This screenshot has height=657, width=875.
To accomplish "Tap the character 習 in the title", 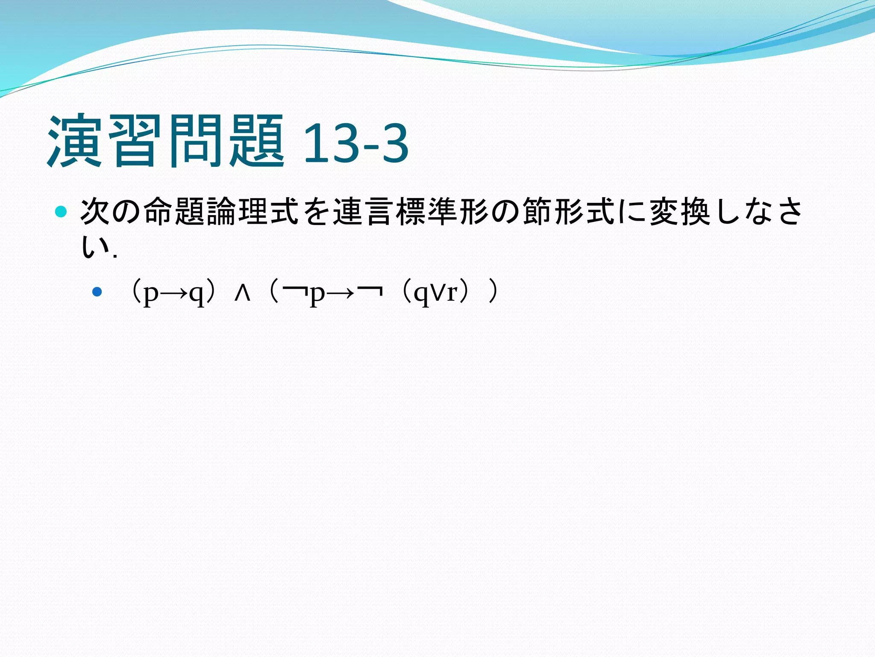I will pos(135,141).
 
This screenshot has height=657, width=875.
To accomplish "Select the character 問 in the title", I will pos(195,141).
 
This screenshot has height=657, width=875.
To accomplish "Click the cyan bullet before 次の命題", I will pos(62,212).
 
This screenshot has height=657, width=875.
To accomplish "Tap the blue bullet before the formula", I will pos(97,292).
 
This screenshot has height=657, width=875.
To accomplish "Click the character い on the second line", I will pos(95,247).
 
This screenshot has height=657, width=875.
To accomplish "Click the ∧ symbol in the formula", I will pos(242,293).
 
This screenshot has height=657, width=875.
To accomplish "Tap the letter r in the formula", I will pos(452,293).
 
